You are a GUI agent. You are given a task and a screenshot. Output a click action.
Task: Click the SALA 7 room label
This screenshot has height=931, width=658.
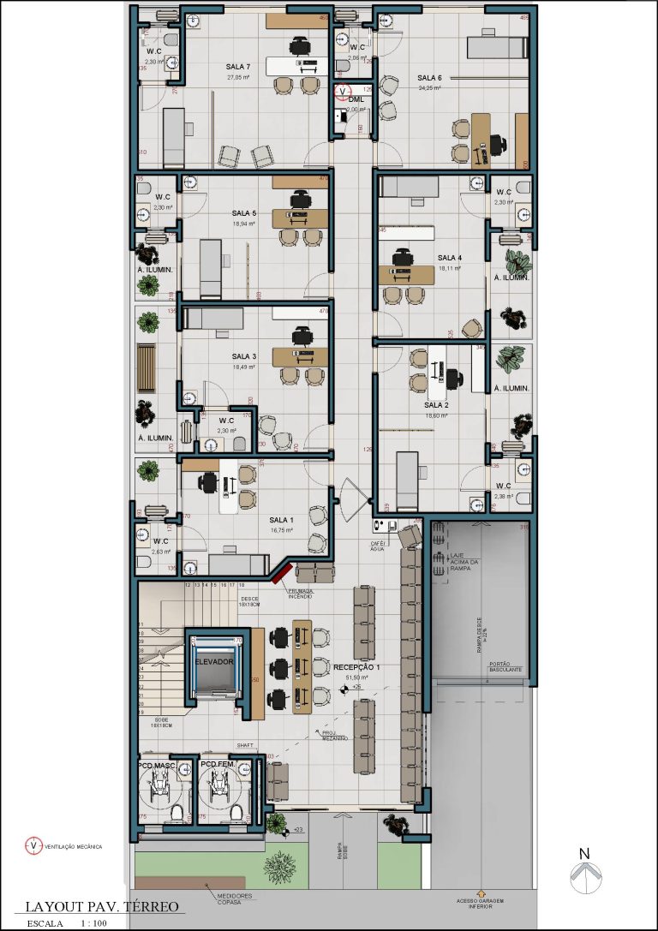coord(238,67)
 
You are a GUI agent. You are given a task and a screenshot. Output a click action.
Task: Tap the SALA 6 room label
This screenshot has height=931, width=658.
coord(429,78)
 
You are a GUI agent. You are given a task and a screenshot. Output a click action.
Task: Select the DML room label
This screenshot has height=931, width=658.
coord(356,100)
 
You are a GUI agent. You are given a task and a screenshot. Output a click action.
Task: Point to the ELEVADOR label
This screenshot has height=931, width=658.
coord(214,661)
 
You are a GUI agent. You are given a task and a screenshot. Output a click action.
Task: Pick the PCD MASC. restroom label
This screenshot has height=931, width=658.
coord(157,764)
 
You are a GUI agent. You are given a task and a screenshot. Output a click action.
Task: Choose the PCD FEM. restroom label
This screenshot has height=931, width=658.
coord(218,764)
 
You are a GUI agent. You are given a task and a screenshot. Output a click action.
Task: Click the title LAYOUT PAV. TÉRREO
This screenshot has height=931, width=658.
coord(101,906)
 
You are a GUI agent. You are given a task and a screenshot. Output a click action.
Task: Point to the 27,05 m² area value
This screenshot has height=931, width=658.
coord(238,77)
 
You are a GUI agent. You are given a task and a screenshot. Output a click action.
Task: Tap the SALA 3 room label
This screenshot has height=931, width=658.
coord(243,356)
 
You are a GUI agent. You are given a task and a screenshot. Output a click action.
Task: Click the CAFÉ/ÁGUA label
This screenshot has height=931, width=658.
coord(379,546)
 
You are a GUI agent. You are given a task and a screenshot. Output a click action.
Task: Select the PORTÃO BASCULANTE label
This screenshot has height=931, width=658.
coord(505,667)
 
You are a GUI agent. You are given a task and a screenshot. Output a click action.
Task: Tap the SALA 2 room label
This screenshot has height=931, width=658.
coord(436,404)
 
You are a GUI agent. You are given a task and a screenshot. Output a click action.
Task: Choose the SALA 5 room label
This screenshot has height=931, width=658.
coord(243,213)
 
